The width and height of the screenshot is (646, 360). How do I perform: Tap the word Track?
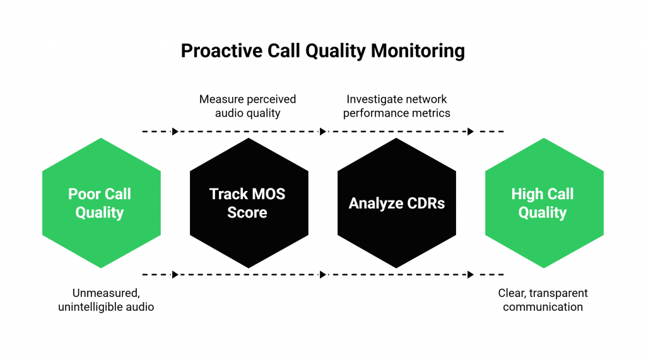228,194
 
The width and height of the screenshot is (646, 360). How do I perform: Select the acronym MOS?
269,194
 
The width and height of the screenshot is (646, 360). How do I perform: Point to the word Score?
247,213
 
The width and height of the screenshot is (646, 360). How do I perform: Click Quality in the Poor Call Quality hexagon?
100,213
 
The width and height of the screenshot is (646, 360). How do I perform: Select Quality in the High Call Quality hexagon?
543,213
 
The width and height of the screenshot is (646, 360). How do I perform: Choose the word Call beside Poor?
117,194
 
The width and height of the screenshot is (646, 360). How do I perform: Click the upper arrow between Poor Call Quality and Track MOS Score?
175,131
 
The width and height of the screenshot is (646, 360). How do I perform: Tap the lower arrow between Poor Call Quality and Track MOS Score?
175,274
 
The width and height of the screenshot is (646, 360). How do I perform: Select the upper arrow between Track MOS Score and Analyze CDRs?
323,131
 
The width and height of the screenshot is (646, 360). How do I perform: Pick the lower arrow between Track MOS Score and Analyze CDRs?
323,274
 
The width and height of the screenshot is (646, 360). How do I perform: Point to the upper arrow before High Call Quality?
471,131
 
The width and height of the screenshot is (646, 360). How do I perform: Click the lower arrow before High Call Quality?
471,274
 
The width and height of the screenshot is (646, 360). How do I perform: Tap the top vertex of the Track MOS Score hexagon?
249,137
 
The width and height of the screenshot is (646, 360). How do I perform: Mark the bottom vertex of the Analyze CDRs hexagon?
396,270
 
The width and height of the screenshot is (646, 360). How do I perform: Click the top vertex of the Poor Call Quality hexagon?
101,137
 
